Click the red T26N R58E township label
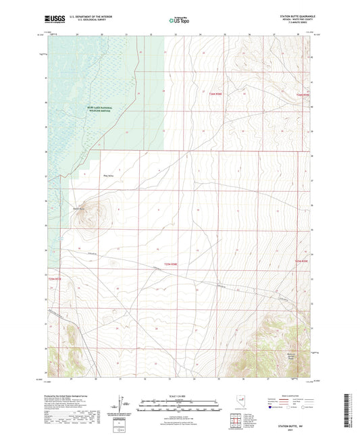coord(215,95)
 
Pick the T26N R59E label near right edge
coord(302,95)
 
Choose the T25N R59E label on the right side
coord(301,261)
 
